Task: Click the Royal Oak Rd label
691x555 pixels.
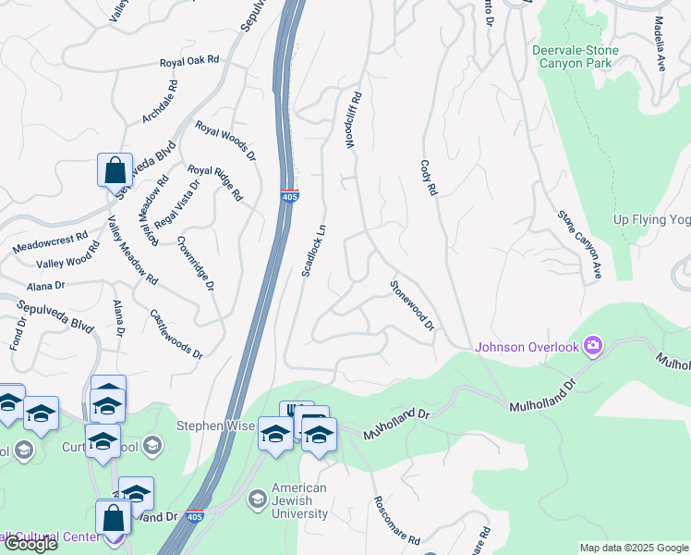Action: point(189,61)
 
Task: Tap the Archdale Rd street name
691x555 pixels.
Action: point(158,103)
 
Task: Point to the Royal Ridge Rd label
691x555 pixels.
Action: point(215,183)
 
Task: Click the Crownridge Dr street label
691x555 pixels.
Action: point(195,261)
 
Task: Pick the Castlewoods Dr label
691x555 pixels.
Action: point(176,334)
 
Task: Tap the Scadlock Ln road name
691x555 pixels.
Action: point(314,250)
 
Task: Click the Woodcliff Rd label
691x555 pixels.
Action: point(352,120)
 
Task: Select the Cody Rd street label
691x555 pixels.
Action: point(428,178)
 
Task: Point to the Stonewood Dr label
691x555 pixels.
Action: point(412,305)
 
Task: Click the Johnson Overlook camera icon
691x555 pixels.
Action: point(593,347)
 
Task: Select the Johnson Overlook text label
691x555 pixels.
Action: point(527,348)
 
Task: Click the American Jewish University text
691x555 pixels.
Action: point(299,500)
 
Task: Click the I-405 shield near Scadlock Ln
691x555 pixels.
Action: point(289,195)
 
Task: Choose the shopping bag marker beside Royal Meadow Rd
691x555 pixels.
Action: point(115,171)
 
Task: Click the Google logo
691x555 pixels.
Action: point(30,544)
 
